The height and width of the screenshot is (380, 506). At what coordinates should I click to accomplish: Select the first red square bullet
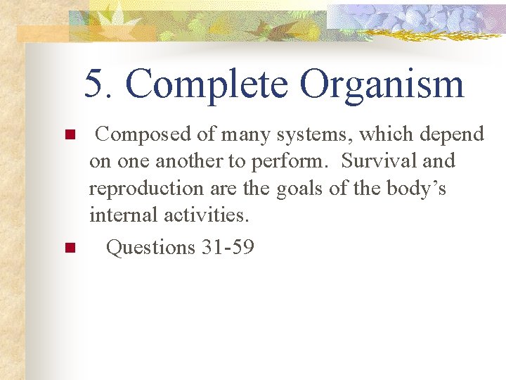(x=69, y=134)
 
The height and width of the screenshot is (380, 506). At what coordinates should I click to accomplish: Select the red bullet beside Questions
(x=69, y=248)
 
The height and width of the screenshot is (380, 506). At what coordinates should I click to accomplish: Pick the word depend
(x=453, y=134)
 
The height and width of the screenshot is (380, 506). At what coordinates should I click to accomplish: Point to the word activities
(x=207, y=215)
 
